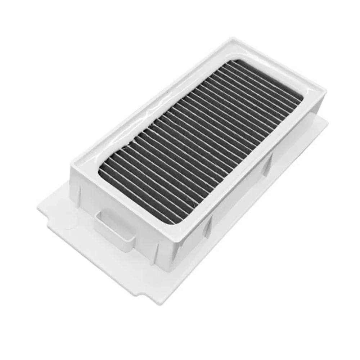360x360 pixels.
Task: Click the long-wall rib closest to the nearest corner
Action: tap(157, 252)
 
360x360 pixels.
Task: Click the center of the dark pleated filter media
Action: tap(200, 140)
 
